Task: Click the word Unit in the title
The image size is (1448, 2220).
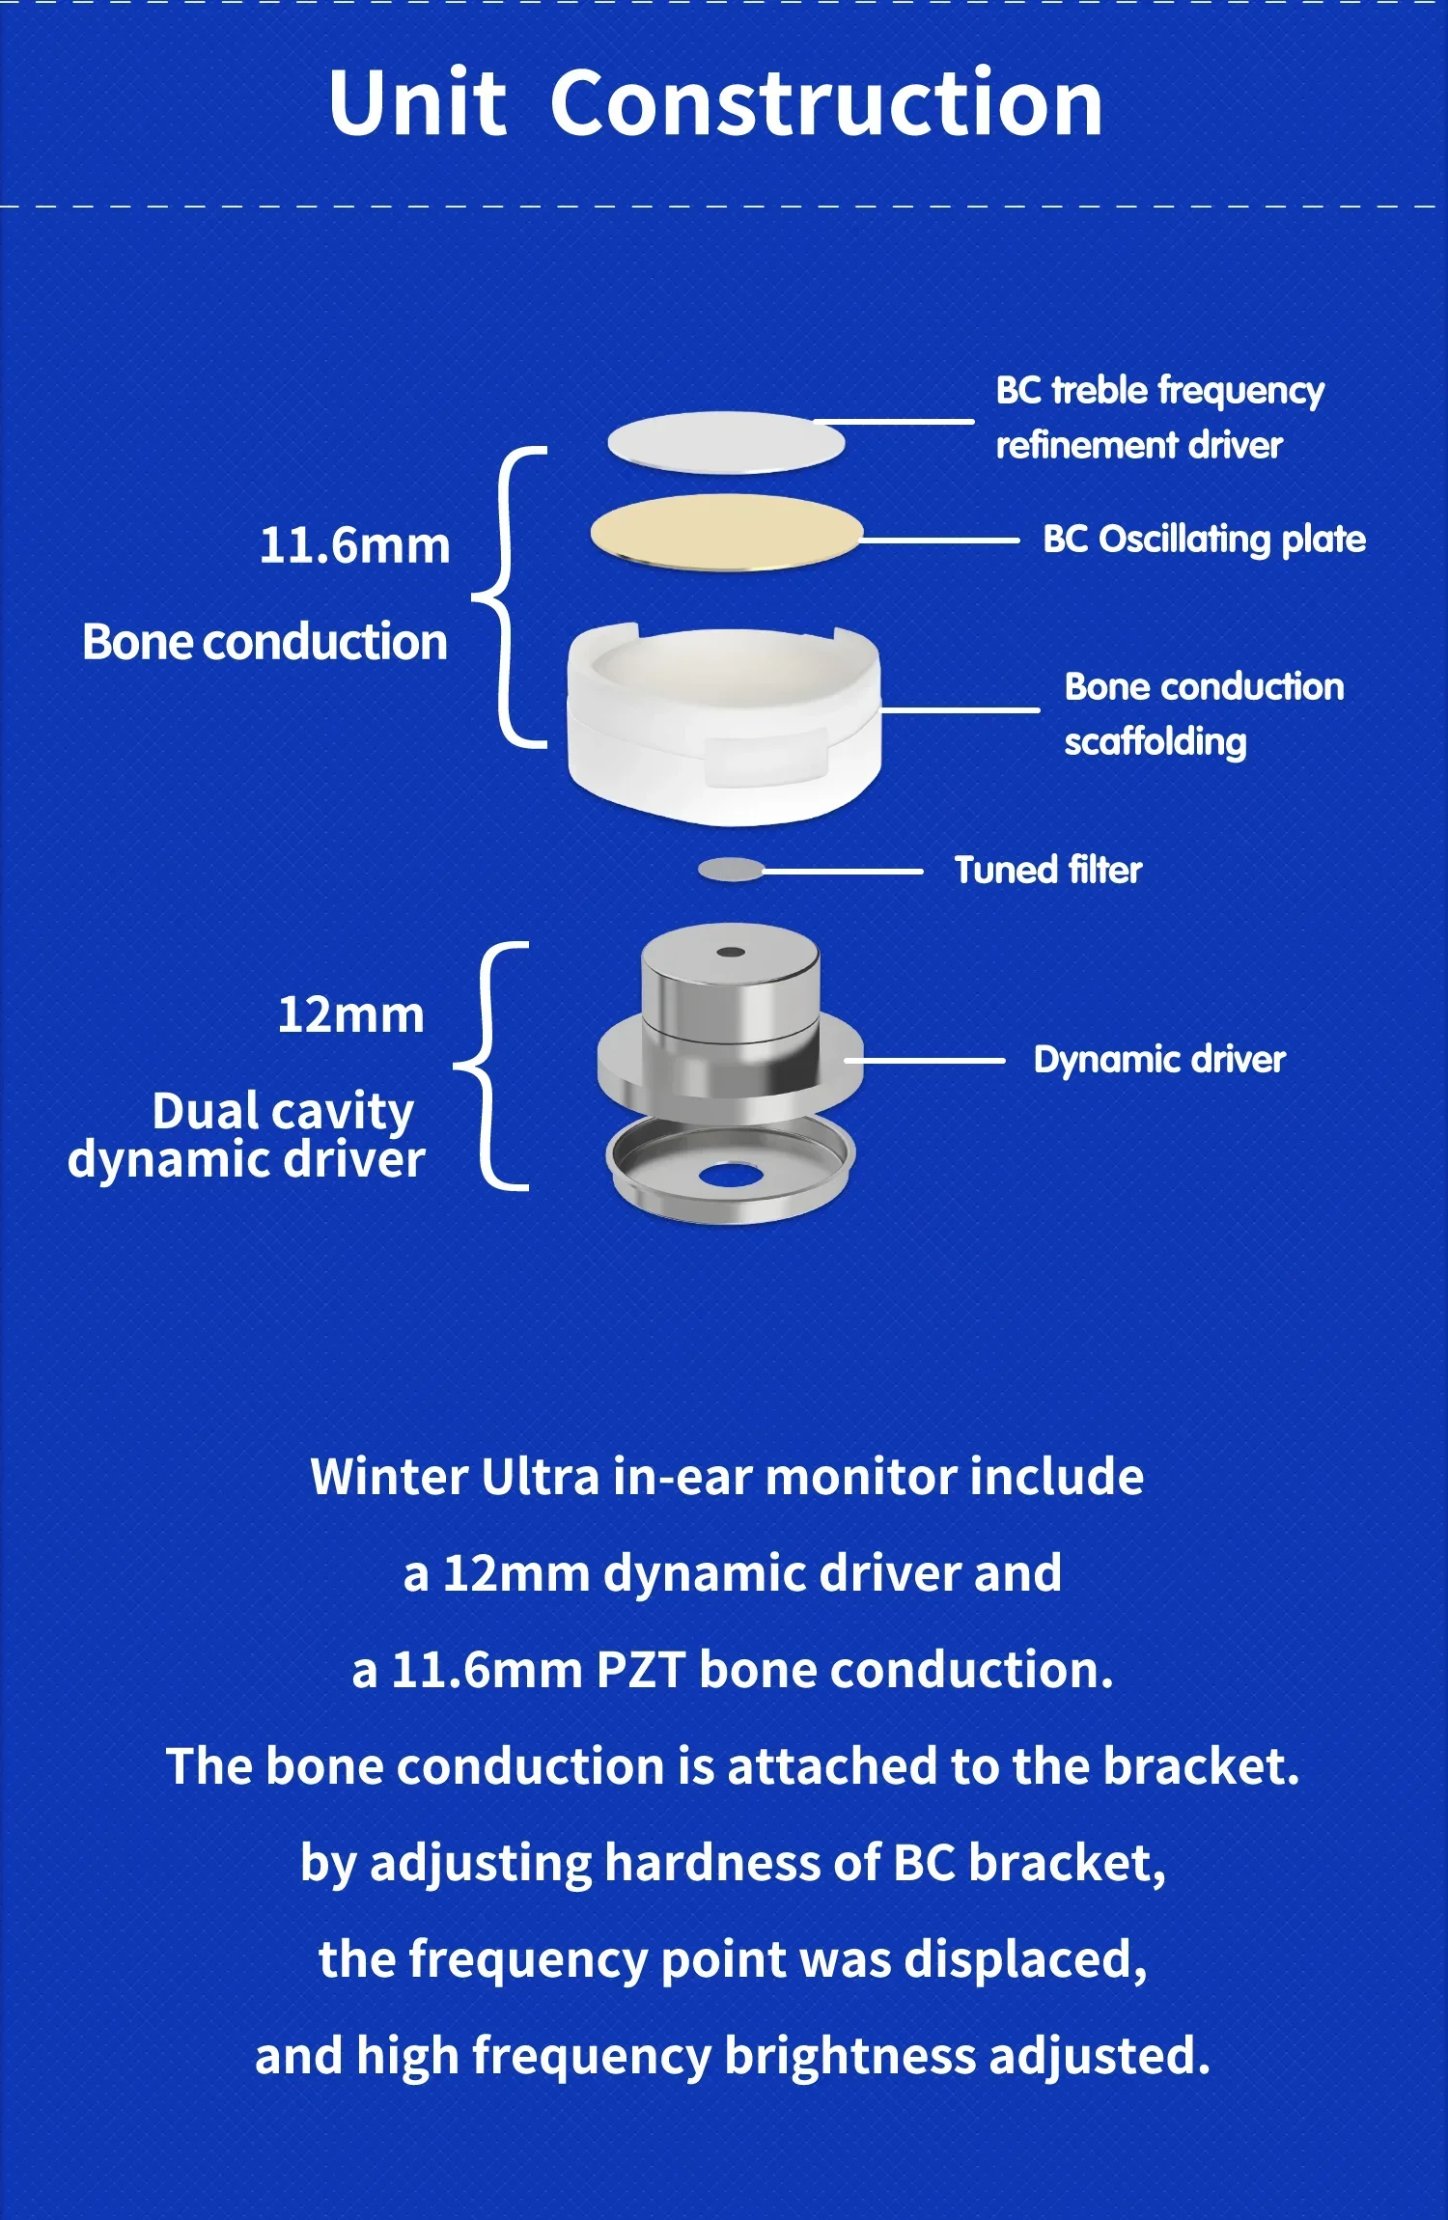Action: tap(417, 103)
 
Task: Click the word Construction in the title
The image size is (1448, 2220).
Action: tap(826, 103)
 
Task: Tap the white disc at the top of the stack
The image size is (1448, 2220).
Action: tap(726, 443)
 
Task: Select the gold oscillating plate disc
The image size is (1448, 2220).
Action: tap(726, 533)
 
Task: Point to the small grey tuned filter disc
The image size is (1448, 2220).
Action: tap(731, 870)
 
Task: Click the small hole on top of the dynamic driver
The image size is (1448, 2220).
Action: tap(731, 953)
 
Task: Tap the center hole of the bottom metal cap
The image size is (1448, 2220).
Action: tap(732, 1176)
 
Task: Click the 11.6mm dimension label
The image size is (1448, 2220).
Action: tap(354, 546)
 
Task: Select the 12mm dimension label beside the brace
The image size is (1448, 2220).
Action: tap(350, 1015)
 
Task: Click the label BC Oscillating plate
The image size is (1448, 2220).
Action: tap(1204, 540)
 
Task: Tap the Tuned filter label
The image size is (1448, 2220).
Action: tap(1047, 871)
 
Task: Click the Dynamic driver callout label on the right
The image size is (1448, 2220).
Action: tap(1159, 1060)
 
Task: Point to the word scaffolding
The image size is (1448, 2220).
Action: tap(1156, 742)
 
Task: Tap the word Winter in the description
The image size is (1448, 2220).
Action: tap(388, 1478)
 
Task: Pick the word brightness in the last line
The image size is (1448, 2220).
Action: tap(849, 2057)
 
